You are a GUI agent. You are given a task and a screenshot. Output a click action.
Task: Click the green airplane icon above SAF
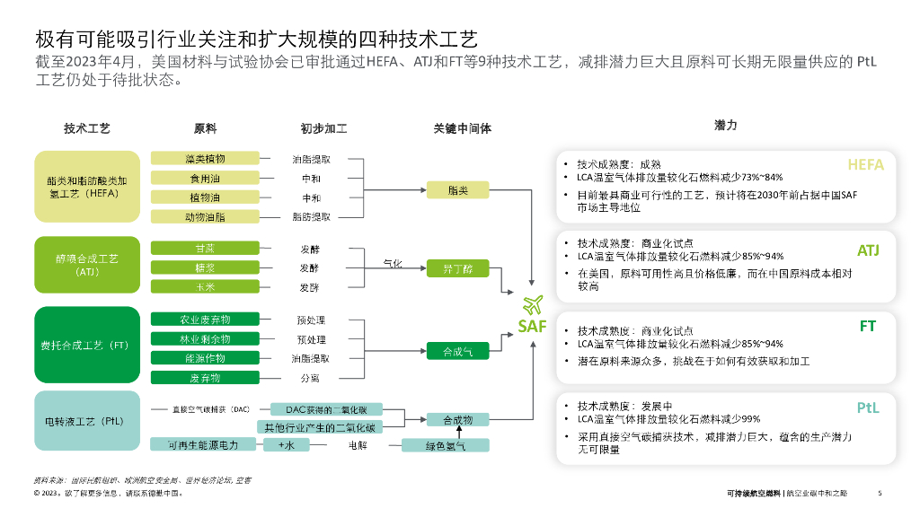(532, 304)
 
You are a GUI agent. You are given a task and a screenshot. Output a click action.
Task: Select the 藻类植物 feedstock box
(205, 159)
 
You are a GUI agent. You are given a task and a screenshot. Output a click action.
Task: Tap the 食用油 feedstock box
(205, 179)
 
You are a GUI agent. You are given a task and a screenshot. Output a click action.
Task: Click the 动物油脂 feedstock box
(205, 216)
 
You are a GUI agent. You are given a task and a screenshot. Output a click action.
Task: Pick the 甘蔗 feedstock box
(205, 249)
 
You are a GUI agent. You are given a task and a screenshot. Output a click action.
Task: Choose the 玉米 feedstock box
(205, 287)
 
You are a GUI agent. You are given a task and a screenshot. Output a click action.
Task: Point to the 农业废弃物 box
(205, 320)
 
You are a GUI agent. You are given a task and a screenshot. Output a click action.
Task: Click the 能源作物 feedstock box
(205, 358)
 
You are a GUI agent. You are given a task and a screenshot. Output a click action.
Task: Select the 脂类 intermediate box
(457, 189)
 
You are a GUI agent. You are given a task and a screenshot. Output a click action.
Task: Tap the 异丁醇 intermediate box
(457, 268)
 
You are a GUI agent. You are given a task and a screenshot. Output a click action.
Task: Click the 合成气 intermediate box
(457, 352)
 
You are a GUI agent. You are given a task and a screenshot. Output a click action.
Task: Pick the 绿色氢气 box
(446, 445)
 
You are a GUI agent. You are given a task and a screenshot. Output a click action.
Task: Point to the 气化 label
(393, 264)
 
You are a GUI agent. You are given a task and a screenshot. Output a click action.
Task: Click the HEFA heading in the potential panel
(865, 165)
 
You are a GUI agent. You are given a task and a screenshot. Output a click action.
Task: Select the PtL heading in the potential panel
(867, 407)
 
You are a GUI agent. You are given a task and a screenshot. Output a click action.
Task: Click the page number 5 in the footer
(880, 493)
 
